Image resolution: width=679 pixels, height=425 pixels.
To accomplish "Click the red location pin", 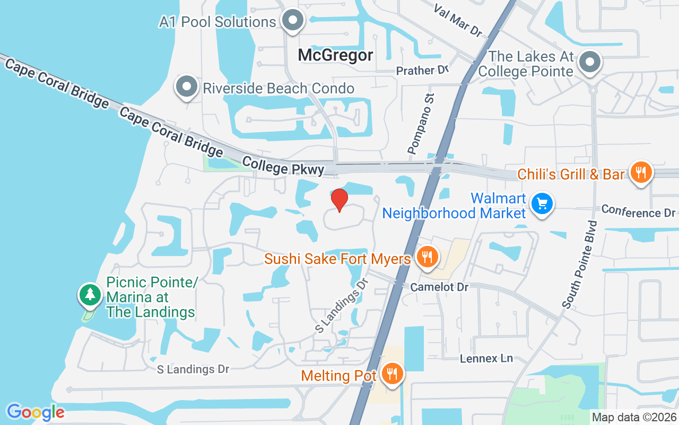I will click(339, 200).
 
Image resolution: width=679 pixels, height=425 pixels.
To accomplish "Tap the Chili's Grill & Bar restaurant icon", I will click(641, 172).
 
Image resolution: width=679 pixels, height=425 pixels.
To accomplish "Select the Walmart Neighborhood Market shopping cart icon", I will click(542, 203).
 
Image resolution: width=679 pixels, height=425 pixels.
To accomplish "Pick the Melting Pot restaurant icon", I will click(392, 374).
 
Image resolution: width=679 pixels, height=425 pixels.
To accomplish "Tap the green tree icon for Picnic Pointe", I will click(90, 294).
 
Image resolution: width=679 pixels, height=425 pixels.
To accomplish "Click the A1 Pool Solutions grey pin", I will click(292, 21).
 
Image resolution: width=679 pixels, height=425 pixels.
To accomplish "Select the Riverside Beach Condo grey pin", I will click(186, 87).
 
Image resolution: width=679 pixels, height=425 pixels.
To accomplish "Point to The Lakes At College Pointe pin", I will click(590, 62).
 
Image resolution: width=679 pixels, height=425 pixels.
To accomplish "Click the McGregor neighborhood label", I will click(335, 55).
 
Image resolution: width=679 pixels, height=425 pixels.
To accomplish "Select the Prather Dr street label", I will click(422, 71).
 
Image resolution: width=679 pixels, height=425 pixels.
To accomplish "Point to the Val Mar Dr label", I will click(458, 21).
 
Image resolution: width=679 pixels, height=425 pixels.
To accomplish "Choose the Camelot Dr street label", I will click(440, 287).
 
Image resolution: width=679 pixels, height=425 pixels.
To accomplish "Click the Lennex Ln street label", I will click(486, 358).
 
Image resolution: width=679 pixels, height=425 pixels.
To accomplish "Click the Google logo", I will click(35, 412).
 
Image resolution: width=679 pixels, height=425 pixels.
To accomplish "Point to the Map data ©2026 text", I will click(634, 417).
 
